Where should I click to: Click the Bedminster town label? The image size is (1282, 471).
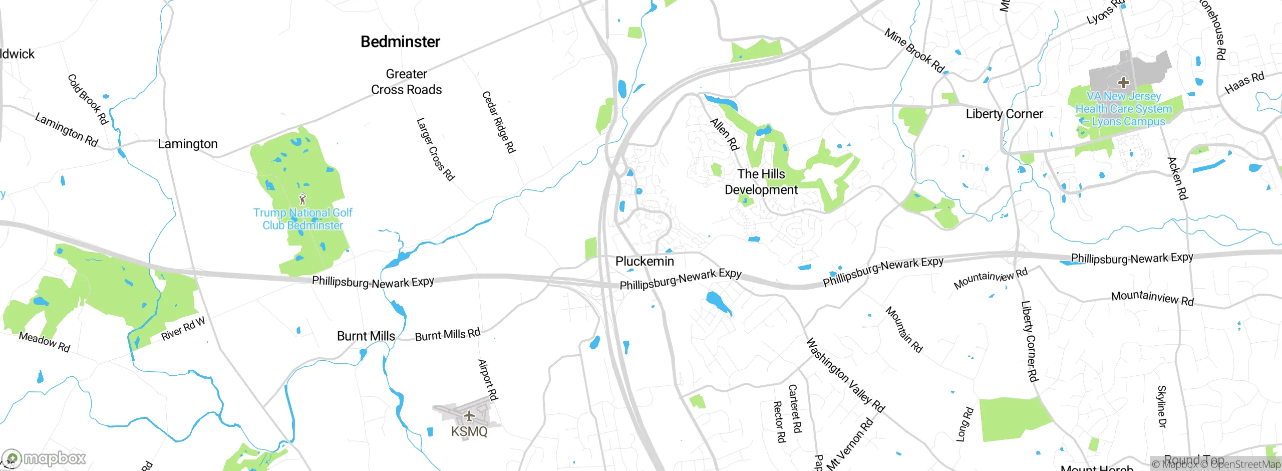point(400,42)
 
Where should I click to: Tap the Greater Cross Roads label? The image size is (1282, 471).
point(406,82)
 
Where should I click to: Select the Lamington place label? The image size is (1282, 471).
point(187,144)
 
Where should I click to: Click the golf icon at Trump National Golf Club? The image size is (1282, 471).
point(302,199)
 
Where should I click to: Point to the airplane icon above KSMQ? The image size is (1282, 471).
point(469,415)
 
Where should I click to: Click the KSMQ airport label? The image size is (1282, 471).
point(469,431)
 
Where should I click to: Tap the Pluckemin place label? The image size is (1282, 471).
point(645,261)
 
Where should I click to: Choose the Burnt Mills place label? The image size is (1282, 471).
point(366,336)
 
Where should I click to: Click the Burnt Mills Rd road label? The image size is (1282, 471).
point(448,335)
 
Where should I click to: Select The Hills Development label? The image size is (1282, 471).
point(761,182)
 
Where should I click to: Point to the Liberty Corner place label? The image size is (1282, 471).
point(1004,114)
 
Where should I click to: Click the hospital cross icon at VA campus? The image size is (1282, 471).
point(1123,82)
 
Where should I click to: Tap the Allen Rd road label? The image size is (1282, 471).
point(725,134)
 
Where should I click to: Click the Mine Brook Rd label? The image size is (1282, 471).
point(914,51)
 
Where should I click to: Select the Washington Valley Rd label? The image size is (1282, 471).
point(845,375)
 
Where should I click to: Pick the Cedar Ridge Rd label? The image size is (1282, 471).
point(498,122)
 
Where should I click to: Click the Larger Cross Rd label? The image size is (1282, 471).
point(435,149)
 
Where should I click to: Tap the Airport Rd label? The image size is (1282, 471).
point(488,380)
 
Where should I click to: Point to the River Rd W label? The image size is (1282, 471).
point(183,329)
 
